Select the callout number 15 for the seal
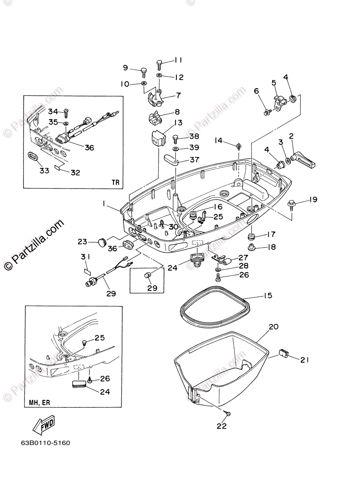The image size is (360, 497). pyautogui.click(x=268, y=296)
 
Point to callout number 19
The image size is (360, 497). pyautogui.click(x=313, y=200)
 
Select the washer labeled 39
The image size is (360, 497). pyautogui.click(x=176, y=148)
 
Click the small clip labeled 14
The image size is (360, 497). pyautogui.click(x=239, y=146)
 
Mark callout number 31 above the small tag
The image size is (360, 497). pyautogui.click(x=85, y=257)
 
